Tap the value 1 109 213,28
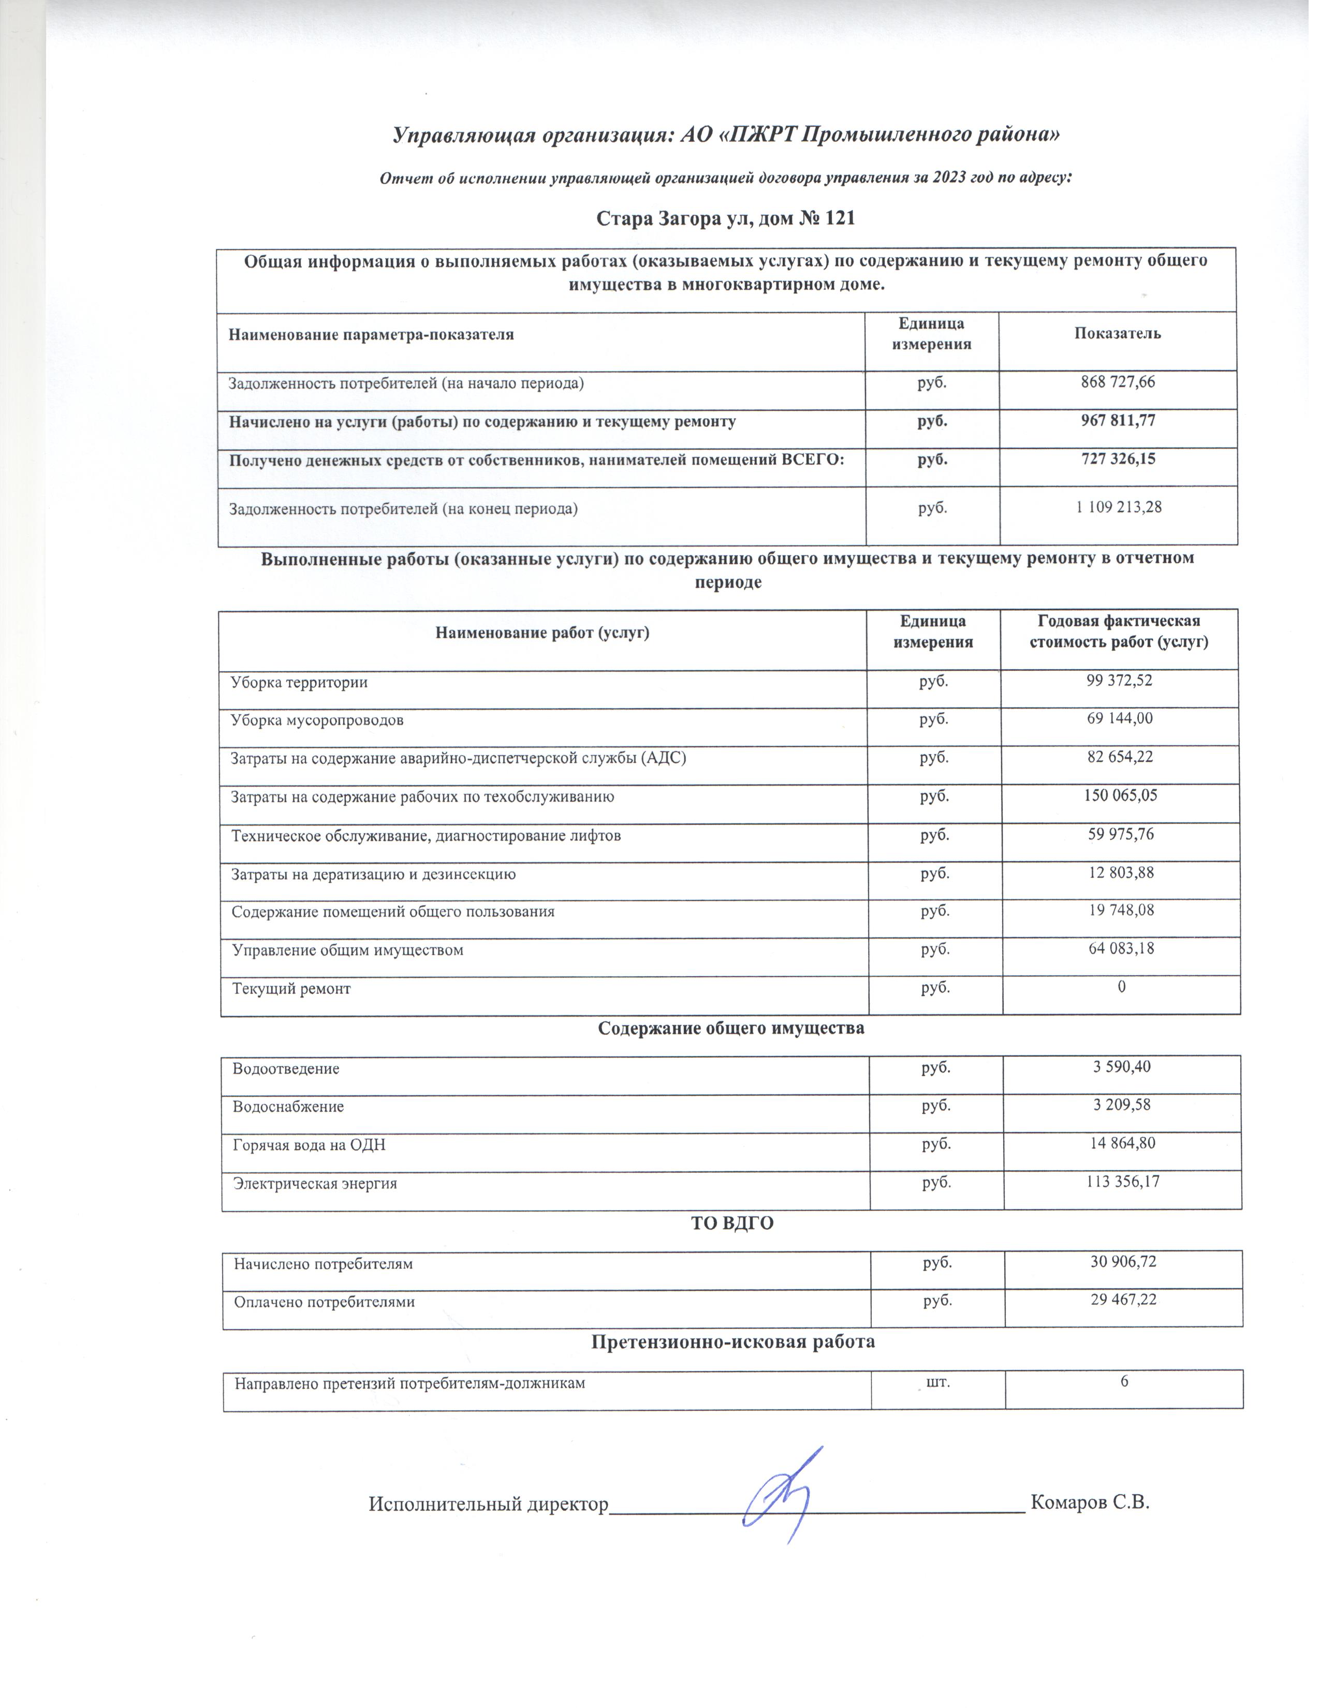[x=1118, y=508]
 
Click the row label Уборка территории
[x=299, y=682]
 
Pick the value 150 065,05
[x=1120, y=796]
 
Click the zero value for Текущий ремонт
[x=1121, y=987]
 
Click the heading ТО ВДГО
[x=732, y=1223]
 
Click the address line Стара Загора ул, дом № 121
[x=726, y=218]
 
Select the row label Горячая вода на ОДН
[x=309, y=1146]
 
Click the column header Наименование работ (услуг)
[x=542, y=632]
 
